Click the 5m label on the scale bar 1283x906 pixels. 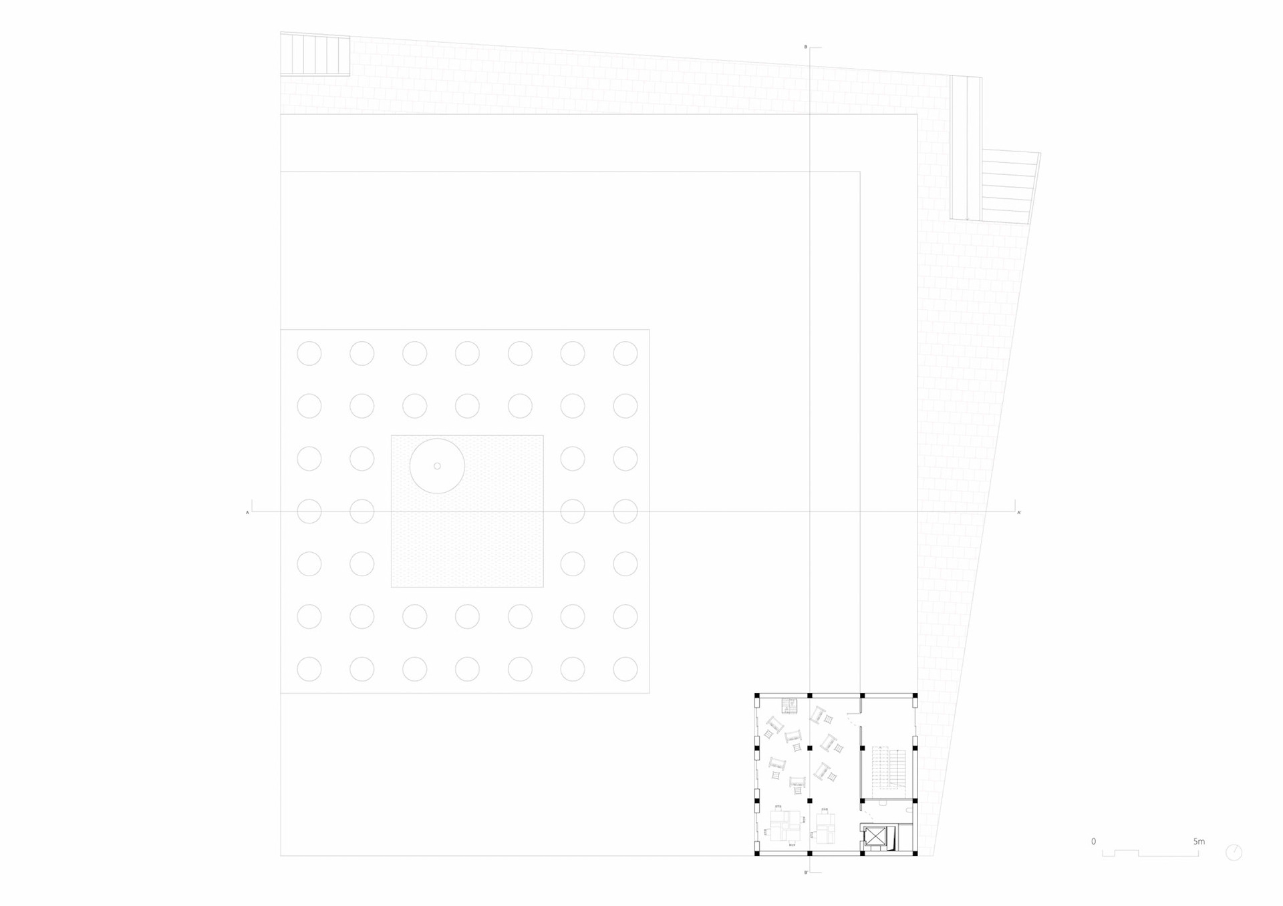coord(1199,841)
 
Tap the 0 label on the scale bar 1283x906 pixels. coord(1093,841)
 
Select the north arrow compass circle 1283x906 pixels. coord(1234,853)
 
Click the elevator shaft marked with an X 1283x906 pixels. coord(873,837)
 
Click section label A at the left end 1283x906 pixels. coord(247,513)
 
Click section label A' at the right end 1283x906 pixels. coord(1019,513)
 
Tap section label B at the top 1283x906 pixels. coord(805,47)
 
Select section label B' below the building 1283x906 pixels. coord(806,873)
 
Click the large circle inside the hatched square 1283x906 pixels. coord(437,466)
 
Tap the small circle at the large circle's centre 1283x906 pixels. coord(437,466)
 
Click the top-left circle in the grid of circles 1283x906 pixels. coord(309,353)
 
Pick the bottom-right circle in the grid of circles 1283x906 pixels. coord(625,669)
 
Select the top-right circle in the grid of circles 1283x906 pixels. coord(625,353)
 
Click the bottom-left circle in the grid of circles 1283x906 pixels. coord(309,669)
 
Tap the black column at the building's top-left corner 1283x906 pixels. coord(757,696)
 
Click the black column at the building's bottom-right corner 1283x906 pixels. coord(915,853)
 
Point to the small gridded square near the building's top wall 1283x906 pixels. coord(789,706)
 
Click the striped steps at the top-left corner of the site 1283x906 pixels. coord(315,55)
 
